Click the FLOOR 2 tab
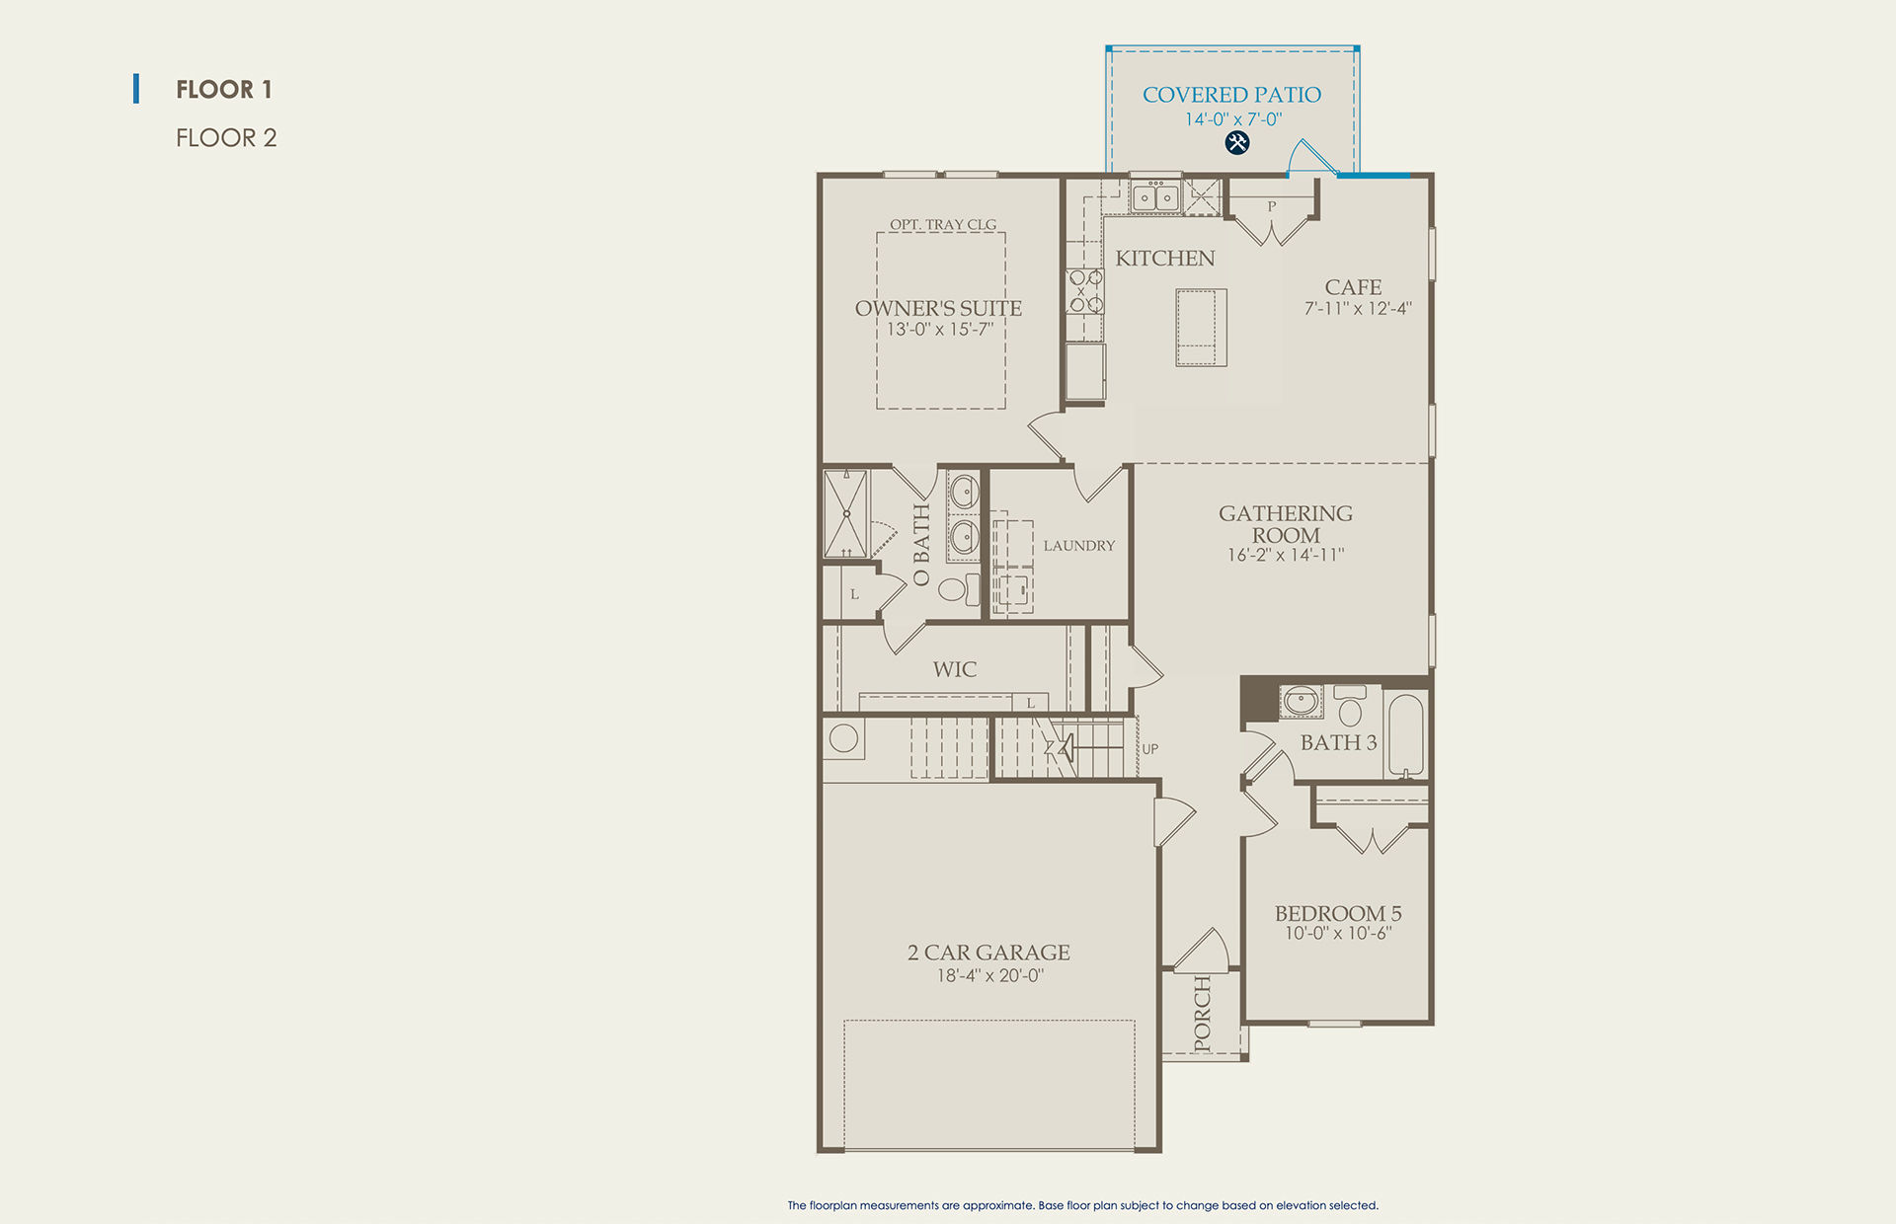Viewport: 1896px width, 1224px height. coord(226,137)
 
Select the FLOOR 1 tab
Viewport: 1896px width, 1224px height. coord(224,89)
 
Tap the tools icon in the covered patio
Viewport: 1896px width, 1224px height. coord(1237,143)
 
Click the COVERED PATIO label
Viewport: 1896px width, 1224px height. coord(1231,95)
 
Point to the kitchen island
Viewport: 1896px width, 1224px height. coord(1201,328)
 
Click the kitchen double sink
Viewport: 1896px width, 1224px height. coord(1155,196)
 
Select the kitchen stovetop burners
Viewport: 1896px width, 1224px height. coord(1085,291)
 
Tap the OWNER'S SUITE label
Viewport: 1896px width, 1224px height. coord(938,308)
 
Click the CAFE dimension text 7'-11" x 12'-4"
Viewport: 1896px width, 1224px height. coord(1358,309)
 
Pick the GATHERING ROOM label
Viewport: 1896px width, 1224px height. coord(1286,524)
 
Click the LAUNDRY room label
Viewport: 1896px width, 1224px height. coord(1079,546)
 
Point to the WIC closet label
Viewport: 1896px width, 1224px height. coord(955,669)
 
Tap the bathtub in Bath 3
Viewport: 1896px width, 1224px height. coord(1405,734)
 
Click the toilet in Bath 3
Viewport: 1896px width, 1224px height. coord(1350,706)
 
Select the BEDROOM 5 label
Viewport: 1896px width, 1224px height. coord(1338,914)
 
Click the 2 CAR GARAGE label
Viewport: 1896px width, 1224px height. coord(988,953)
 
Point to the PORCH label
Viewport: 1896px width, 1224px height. coord(1202,1014)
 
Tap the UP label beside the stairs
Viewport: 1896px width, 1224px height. coord(1150,749)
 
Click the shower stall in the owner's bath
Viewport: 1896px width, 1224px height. coord(846,513)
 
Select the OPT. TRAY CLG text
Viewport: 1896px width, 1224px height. coord(943,225)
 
